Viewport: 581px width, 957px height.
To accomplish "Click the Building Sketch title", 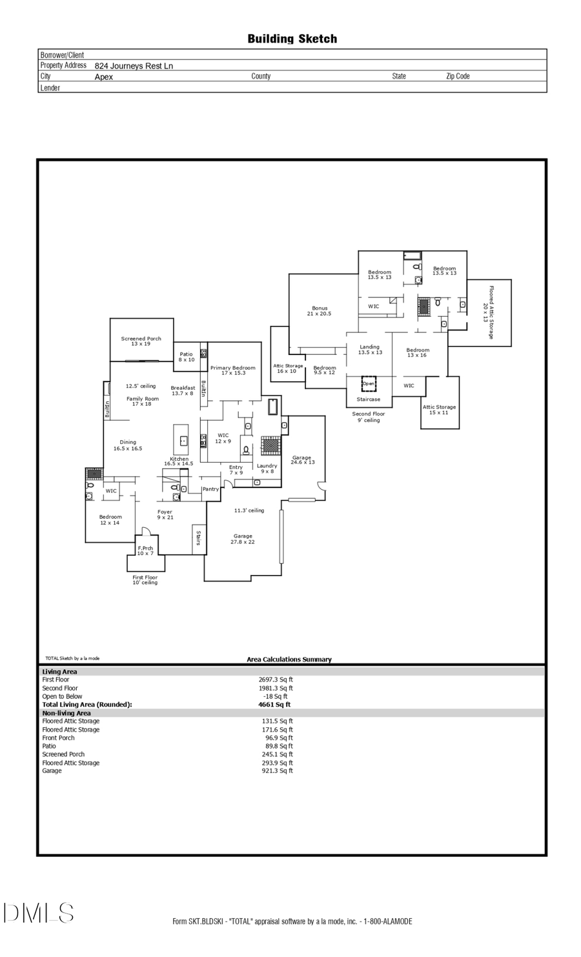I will tap(292, 39).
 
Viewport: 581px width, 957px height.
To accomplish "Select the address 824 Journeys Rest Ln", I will tap(134, 66).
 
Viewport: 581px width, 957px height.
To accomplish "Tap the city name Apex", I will tap(103, 77).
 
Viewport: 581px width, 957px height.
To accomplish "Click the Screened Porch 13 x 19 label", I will tap(141, 341).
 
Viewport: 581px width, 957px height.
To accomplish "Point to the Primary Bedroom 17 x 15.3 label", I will tap(232, 370).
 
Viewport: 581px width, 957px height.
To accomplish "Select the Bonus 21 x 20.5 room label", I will tap(320, 310).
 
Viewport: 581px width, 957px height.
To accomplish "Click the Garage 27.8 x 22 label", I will tap(243, 539).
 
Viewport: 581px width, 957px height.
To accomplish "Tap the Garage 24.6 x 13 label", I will tap(302, 459).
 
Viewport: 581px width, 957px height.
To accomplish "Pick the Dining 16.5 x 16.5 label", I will tap(128, 445).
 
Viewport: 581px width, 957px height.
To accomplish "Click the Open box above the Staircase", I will tap(369, 383).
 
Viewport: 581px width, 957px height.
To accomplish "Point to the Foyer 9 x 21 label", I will tap(165, 514).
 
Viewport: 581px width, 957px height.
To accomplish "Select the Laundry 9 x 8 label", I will tap(267, 468).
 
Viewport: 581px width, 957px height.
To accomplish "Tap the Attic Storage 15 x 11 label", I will tap(439, 409).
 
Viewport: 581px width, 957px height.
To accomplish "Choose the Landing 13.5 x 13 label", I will tap(370, 349).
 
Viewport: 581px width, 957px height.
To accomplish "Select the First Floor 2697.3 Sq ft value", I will tap(276, 680).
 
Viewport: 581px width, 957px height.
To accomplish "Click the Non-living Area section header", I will tap(66, 713).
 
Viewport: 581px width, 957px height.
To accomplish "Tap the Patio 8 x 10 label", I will tap(186, 356).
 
